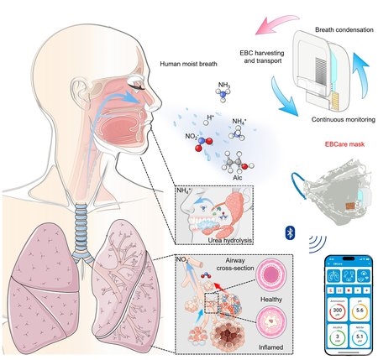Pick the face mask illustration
pyautogui.click(x=328, y=188)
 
